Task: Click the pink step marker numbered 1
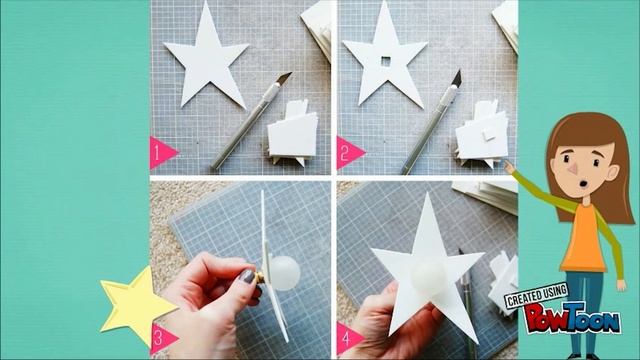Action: click(x=162, y=153)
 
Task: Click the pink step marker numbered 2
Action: click(x=349, y=153)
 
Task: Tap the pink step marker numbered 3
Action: click(x=163, y=338)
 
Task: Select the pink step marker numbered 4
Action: click(x=349, y=338)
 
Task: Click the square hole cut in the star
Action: click(x=386, y=62)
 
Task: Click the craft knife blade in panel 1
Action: click(x=284, y=78)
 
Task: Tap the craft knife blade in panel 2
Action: click(x=456, y=79)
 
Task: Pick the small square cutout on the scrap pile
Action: click(x=488, y=134)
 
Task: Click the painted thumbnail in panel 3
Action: click(x=247, y=276)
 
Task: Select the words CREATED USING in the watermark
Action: click(x=537, y=296)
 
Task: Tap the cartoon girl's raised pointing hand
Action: click(x=509, y=167)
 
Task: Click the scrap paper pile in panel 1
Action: click(x=291, y=134)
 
